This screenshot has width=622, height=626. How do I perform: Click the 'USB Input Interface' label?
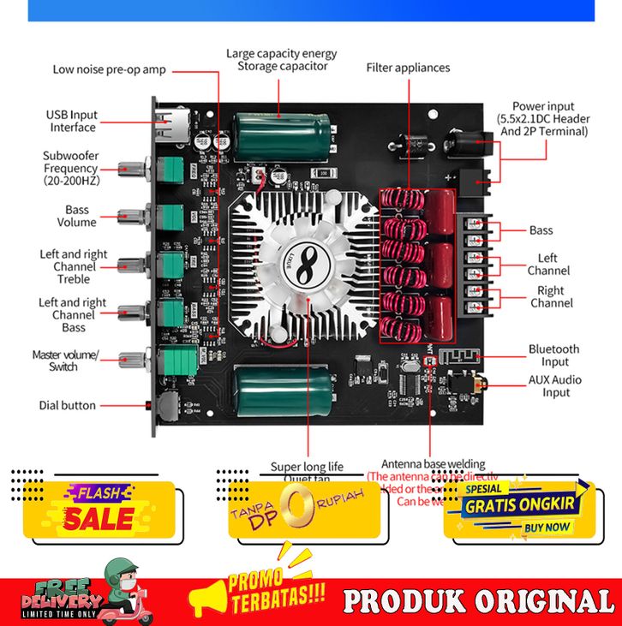[x=72, y=121]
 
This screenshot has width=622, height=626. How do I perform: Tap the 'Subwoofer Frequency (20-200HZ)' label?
[x=71, y=168]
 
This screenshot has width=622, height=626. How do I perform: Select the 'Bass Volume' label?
[x=76, y=216]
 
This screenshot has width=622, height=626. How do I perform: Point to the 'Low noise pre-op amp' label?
[x=109, y=69]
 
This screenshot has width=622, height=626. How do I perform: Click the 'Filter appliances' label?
[x=408, y=67]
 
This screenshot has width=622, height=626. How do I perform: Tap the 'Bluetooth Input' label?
[x=553, y=355]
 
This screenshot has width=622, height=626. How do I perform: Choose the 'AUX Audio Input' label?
[x=555, y=386]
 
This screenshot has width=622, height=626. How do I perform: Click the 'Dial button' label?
[x=68, y=405]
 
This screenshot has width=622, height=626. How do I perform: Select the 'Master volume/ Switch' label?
[x=65, y=361]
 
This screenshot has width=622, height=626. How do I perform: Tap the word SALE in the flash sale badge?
[x=100, y=518]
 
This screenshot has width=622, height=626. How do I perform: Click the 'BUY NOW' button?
[x=546, y=528]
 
